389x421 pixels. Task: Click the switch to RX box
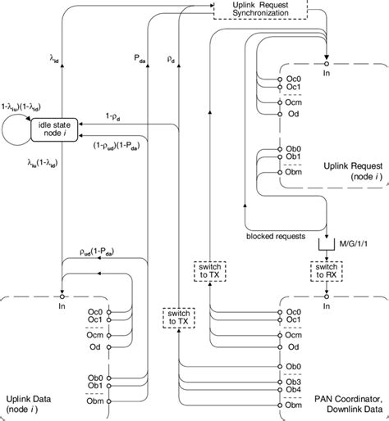click(326, 271)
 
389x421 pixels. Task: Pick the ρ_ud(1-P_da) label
click(98, 258)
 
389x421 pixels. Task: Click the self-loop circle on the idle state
click(18, 129)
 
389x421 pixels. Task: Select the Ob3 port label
click(295, 378)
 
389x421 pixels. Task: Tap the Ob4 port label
click(295, 388)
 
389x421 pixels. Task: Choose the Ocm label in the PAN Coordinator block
click(295, 334)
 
